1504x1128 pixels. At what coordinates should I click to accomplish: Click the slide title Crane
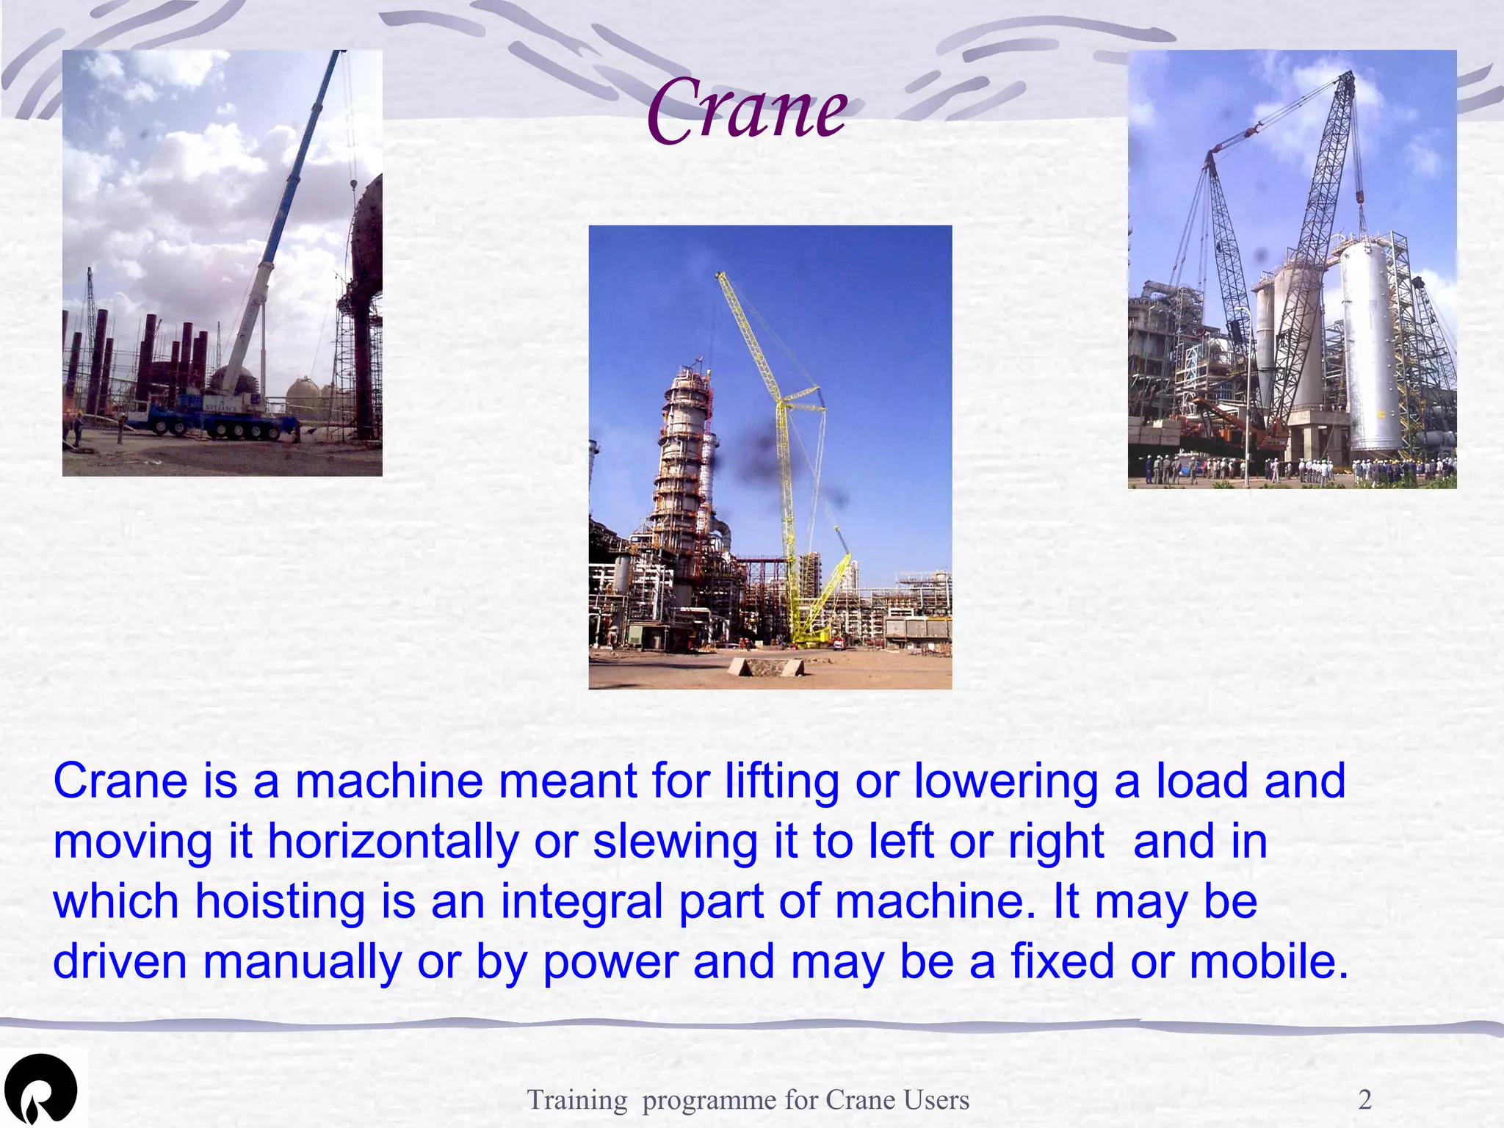(747, 110)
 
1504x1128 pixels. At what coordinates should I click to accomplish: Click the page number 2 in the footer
(1364, 1099)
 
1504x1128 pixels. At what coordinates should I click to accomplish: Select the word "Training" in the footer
(577, 1099)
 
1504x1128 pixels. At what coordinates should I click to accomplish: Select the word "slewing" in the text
(675, 842)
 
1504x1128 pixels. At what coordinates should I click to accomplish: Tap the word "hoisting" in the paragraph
(280, 903)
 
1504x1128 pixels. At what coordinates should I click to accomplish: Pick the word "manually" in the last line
(302, 963)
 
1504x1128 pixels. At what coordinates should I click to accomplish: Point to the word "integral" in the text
(582, 903)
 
